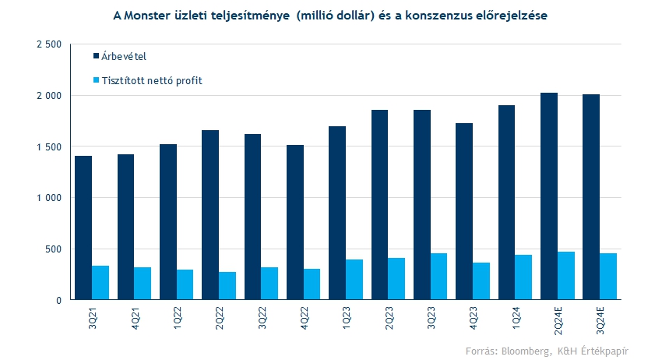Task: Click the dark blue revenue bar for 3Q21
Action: point(83,228)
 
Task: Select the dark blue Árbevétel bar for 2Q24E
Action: point(548,196)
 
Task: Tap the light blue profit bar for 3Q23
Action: point(438,277)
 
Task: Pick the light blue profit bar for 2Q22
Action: point(227,286)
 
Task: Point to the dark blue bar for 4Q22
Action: point(294,222)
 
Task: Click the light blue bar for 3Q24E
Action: point(607,277)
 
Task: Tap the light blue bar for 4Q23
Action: point(481,281)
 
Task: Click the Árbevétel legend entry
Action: point(124,56)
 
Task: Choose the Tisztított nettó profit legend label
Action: point(152,80)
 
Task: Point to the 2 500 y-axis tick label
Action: point(49,44)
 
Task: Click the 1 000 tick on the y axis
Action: point(49,198)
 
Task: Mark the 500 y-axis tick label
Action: point(54,249)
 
